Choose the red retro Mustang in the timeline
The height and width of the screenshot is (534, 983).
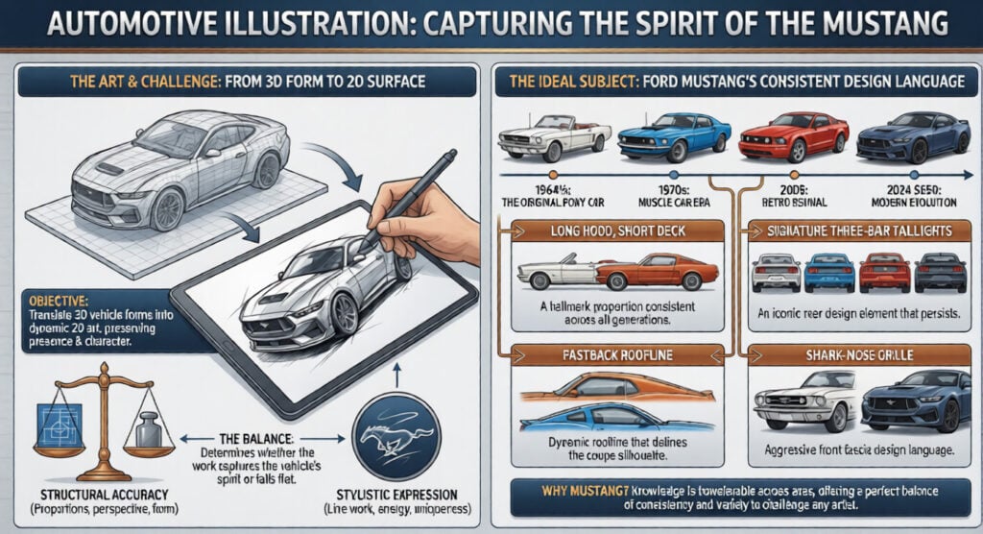tap(793, 135)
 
